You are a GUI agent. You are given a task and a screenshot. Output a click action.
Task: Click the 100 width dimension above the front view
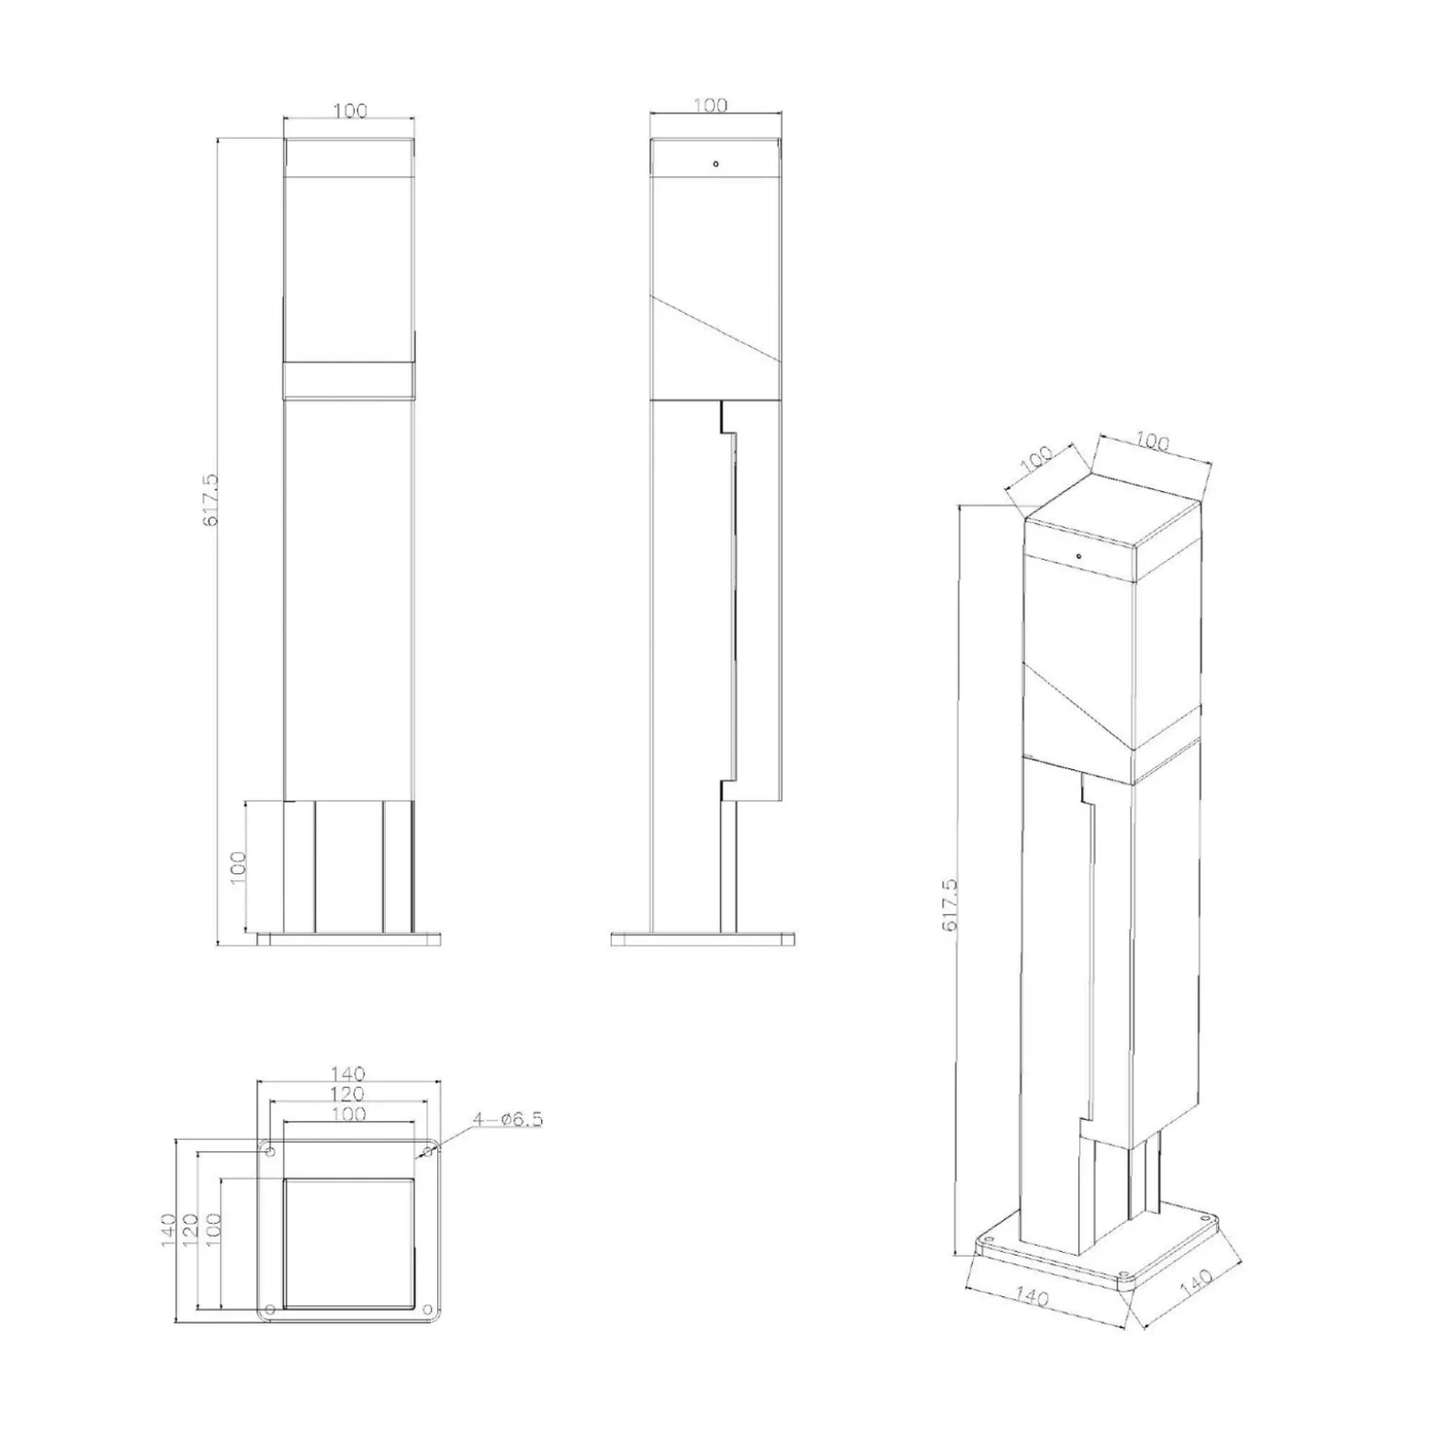point(350,110)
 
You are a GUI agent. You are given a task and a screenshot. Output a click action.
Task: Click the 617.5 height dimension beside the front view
point(210,500)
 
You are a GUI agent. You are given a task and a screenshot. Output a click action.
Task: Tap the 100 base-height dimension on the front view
point(238,868)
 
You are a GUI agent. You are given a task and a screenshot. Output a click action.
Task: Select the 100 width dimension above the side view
point(710,105)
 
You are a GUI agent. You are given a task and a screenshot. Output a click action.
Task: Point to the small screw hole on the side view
point(716,164)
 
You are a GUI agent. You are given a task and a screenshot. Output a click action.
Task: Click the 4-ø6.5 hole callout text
point(508,1119)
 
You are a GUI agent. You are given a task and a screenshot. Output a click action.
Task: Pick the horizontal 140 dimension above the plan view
point(348,1073)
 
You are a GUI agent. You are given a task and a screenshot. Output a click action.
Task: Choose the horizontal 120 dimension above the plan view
point(348,1093)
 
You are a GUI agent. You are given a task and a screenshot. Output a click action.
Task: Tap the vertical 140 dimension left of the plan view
point(168,1230)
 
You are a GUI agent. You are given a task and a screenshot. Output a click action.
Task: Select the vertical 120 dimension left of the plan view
point(191,1230)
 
